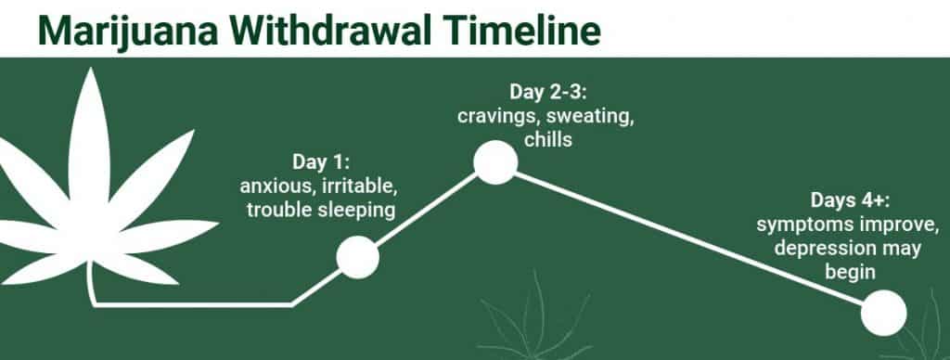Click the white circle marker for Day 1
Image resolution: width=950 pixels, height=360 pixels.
(x=357, y=256)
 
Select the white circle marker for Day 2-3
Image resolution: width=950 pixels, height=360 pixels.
(x=495, y=162)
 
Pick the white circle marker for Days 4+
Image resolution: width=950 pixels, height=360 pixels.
(x=882, y=313)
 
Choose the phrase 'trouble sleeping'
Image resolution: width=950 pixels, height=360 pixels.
(x=320, y=210)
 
